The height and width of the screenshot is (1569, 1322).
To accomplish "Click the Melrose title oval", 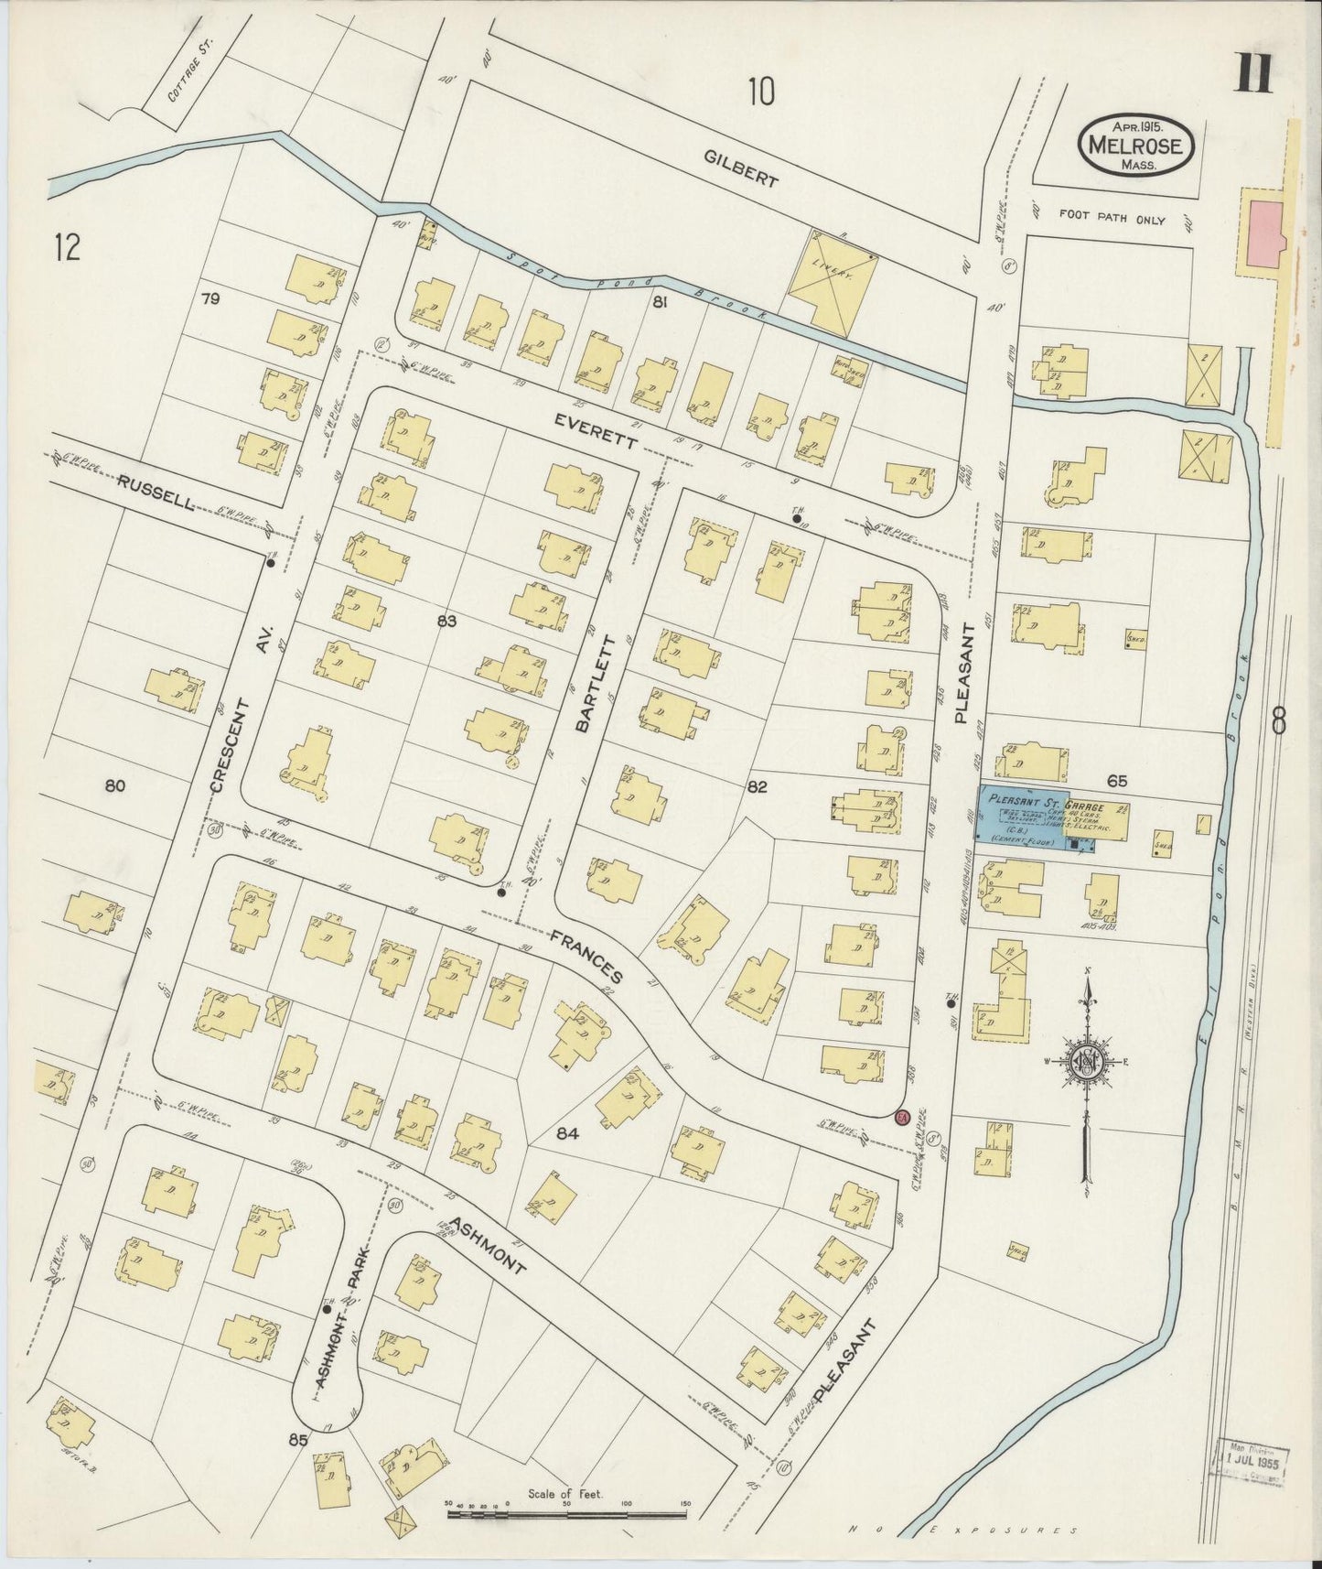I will point(1136,145).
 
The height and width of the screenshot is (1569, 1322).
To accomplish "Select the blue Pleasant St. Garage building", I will point(1024,817).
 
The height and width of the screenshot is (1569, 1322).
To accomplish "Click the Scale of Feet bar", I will point(566,1514).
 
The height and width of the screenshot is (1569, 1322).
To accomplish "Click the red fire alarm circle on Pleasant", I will point(901,1117).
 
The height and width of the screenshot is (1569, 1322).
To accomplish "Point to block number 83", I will point(446,622).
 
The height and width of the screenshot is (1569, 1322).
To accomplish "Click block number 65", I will point(1117,781).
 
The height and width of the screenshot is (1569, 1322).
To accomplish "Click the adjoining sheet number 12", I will point(67,246).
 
